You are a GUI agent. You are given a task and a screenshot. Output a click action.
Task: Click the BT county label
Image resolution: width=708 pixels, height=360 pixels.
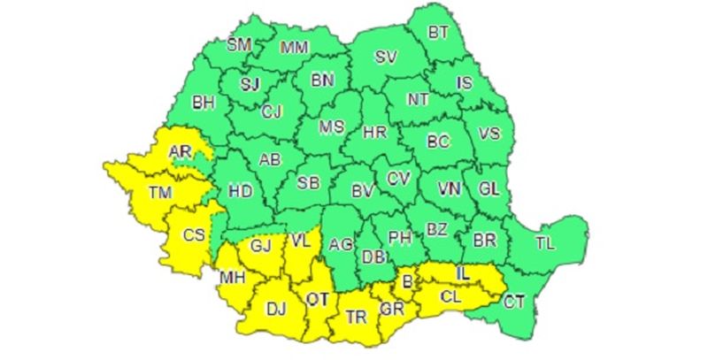[439, 33]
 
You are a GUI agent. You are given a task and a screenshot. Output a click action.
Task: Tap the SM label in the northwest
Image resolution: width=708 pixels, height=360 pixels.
[240, 45]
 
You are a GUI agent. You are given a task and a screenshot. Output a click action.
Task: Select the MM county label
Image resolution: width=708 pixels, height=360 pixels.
[293, 48]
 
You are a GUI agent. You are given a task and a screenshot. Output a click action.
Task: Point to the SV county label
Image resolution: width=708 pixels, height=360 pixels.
[385, 57]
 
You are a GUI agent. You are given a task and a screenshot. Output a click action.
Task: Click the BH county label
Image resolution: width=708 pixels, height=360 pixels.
[204, 103]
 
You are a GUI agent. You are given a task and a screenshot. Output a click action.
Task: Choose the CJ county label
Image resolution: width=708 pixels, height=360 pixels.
[273, 111]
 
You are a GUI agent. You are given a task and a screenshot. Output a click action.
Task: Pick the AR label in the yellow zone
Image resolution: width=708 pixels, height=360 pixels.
[181, 153]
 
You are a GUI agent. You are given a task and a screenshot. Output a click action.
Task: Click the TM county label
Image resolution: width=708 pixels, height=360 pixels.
[161, 191]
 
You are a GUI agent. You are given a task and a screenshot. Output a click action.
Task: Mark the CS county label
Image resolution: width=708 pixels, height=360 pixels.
[194, 235]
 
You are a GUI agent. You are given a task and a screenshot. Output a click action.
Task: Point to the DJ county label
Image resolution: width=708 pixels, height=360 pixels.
[277, 309]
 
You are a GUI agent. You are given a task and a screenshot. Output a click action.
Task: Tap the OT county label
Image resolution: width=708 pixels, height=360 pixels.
[317, 298]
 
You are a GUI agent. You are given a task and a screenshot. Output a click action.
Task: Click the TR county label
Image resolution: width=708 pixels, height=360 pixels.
[357, 317]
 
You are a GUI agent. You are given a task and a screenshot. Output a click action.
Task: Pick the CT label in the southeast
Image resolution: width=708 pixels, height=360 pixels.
[515, 301]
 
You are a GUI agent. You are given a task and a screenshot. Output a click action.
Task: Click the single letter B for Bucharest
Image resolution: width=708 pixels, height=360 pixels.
[408, 282]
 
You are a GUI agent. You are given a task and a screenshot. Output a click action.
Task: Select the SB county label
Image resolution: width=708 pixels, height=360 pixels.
[308, 183]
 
